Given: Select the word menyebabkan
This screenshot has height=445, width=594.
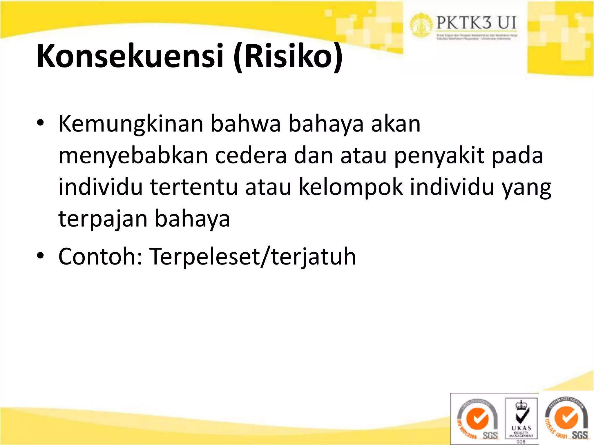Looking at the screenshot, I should pos(133,156).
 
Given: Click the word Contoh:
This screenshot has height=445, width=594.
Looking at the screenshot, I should pos(100,256).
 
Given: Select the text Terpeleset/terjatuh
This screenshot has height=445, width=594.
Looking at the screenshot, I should pos(252,256).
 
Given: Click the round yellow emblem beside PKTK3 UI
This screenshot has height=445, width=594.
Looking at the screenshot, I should pos(421,25).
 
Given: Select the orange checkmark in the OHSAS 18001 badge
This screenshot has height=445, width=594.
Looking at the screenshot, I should pos(566,418).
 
